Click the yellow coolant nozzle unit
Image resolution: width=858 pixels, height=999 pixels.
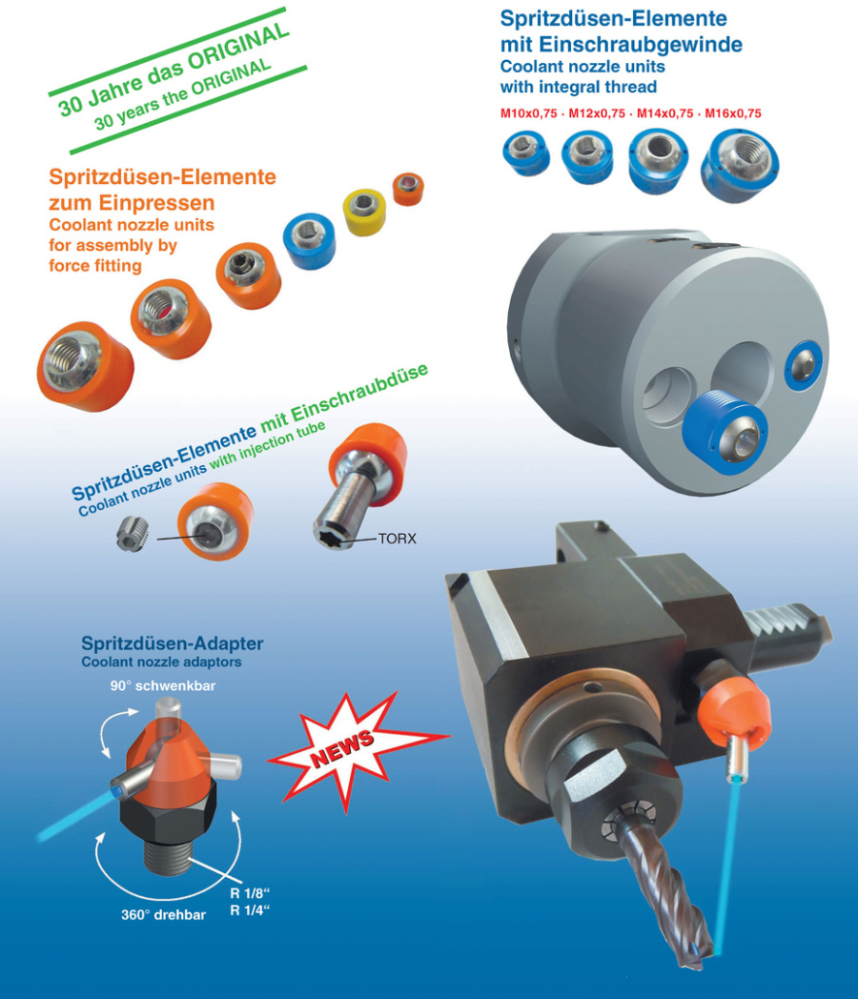tap(364, 212)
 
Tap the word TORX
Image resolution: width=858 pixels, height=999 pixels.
tap(397, 539)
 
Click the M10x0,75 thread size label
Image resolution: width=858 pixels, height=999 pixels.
tap(529, 113)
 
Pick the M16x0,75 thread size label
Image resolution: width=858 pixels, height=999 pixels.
tap(733, 113)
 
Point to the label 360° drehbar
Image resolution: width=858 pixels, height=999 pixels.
tap(164, 915)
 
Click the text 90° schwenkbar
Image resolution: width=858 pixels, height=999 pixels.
tap(163, 685)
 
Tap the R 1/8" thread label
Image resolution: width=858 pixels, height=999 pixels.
tap(250, 893)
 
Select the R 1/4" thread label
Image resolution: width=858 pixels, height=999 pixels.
tap(250, 909)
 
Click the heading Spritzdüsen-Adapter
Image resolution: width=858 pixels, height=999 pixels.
tap(172, 642)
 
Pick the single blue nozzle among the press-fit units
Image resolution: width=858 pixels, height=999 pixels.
tap(310, 241)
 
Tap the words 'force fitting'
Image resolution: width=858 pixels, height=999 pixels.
tap(95, 266)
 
